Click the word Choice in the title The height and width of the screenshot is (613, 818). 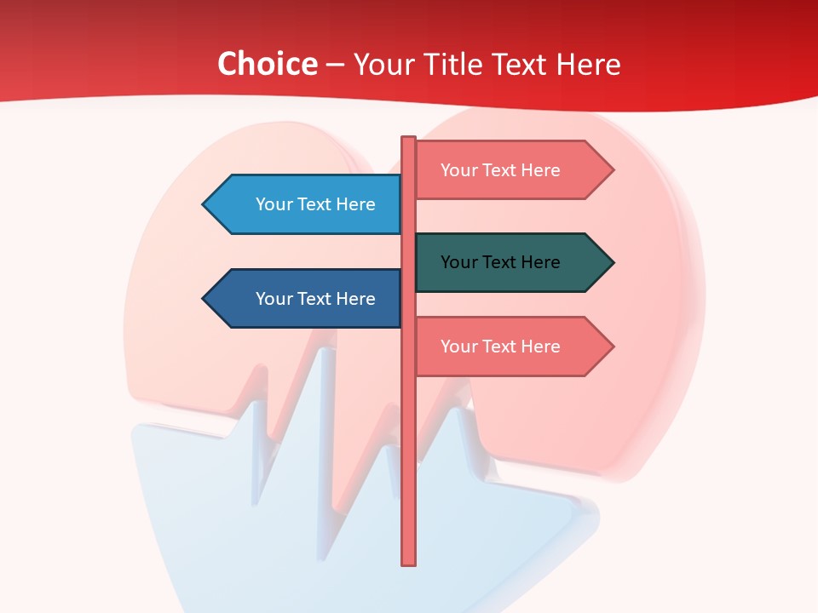[267, 64]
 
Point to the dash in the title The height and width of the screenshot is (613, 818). [335, 65]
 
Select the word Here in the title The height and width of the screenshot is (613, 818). [588, 64]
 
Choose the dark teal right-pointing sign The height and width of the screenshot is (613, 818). [503, 262]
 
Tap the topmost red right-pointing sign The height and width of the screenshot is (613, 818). [503, 170]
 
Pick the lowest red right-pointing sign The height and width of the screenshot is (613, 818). [503, 347]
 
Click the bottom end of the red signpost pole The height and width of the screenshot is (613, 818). [409, 561]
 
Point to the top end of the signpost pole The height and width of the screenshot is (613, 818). [409, 140]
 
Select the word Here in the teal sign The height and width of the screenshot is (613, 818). [540, 262]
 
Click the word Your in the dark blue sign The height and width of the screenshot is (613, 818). [274, 299]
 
